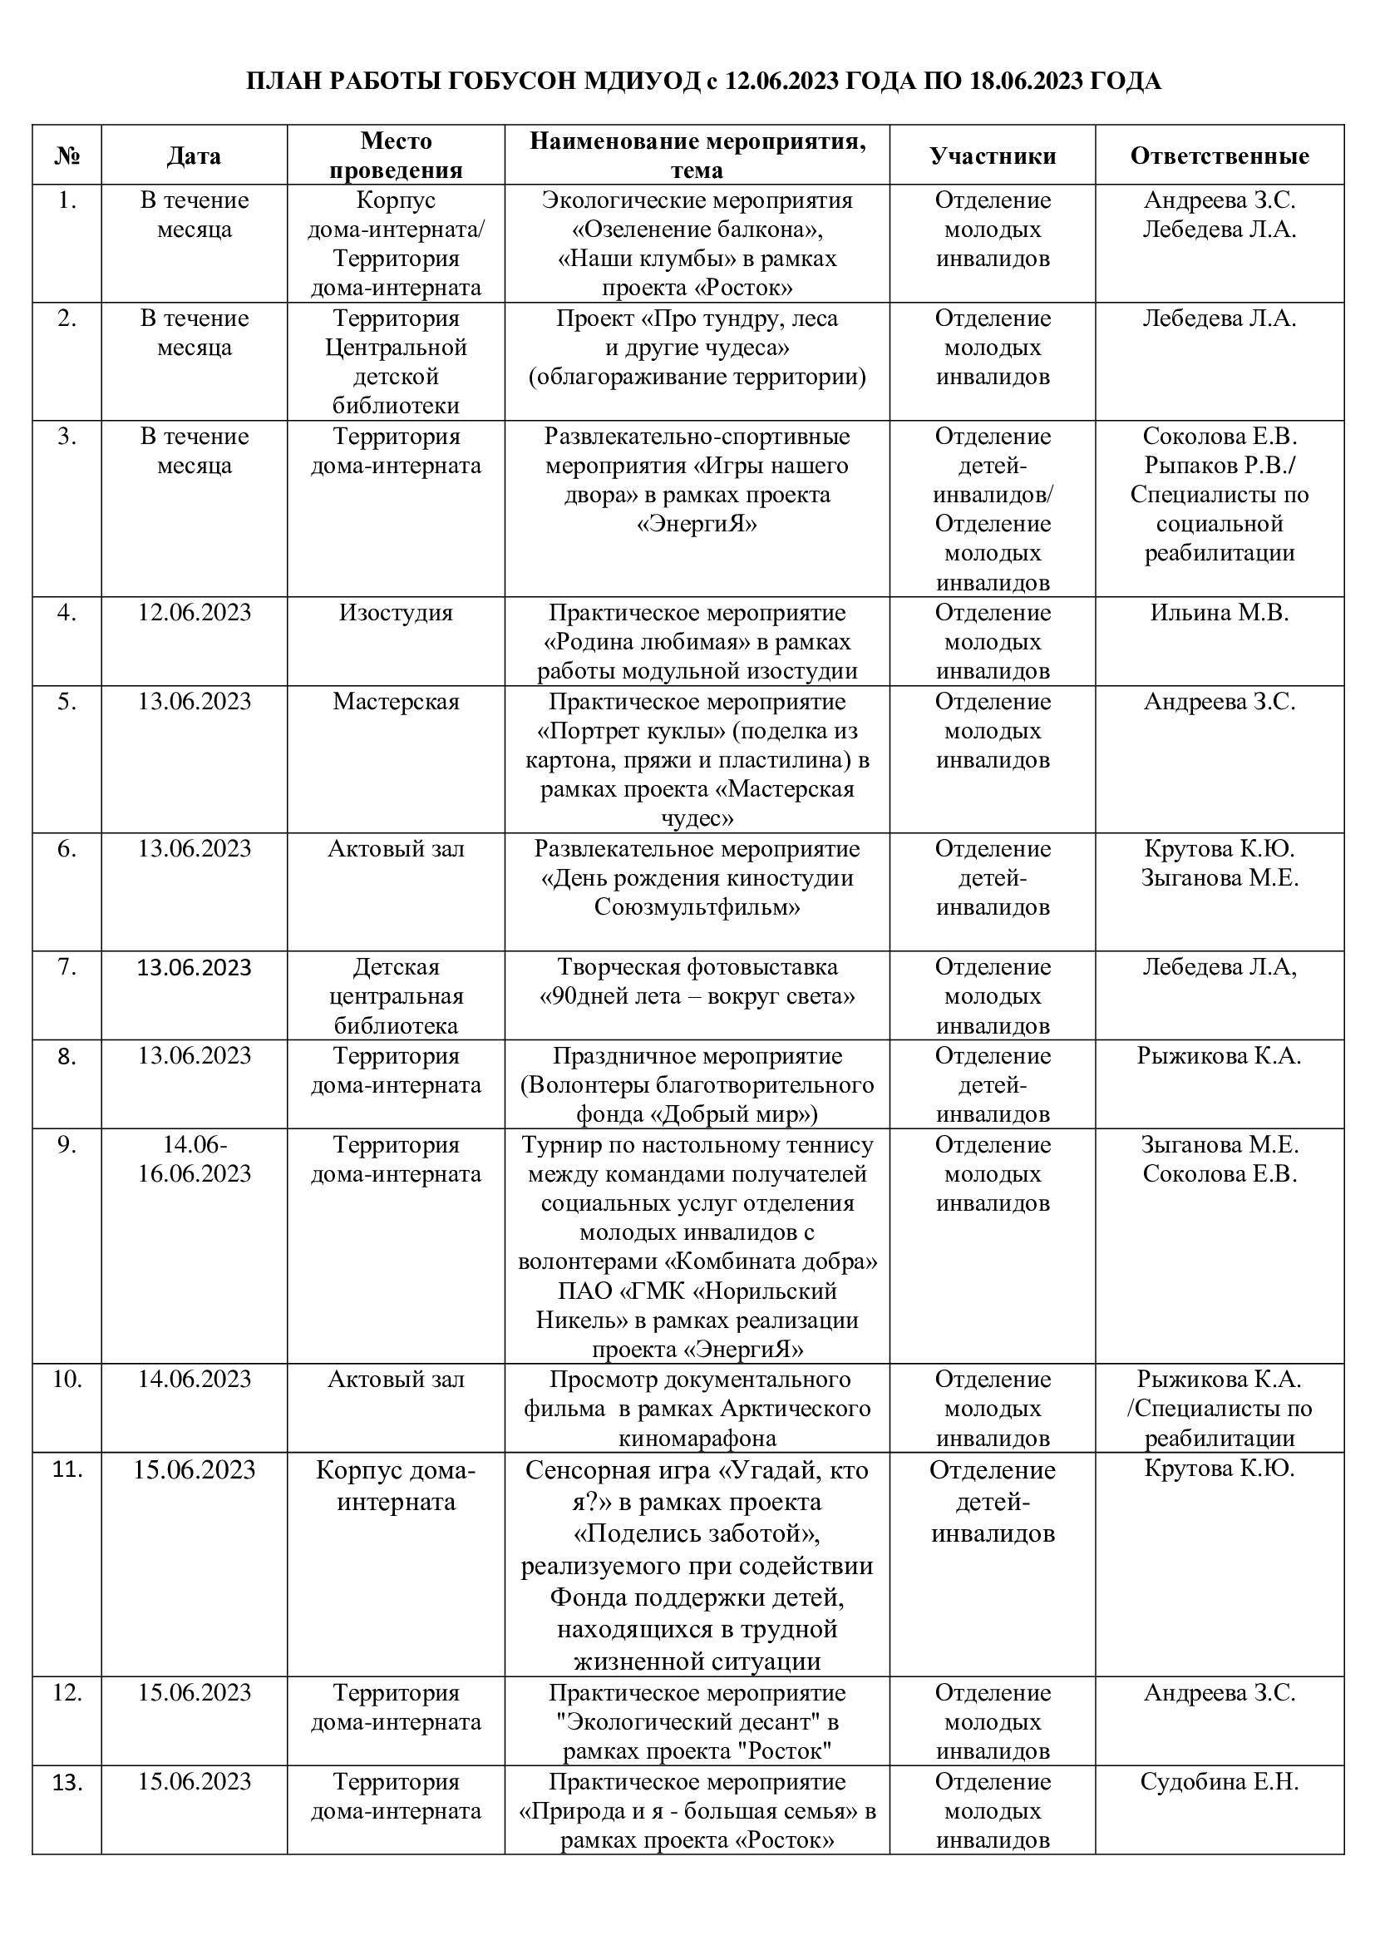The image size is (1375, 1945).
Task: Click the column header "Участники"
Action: click(993, 156)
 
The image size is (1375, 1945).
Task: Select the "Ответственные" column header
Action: click(1220, 156)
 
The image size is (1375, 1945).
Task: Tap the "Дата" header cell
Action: click(194, 156)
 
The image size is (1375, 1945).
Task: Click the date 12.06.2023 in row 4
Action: click(194, 613)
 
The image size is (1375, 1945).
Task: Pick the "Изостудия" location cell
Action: click(396, 613)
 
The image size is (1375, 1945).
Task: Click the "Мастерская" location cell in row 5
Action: click(396, 702)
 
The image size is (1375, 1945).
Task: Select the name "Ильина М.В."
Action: click(1220, 613)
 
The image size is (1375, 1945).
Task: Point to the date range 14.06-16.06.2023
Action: click(194, 1159)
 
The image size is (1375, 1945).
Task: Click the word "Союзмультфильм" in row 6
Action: click(697, 907)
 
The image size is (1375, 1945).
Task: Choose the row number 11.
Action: click(67, 1469)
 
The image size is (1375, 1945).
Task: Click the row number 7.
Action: click(67, 966)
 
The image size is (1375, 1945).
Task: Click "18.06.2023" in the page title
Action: click(1017, 81)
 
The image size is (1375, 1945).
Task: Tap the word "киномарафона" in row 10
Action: click(697, 1438)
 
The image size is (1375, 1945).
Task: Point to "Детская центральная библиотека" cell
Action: click(396, 996)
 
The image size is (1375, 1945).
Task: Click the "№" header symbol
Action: click(67, 156)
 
